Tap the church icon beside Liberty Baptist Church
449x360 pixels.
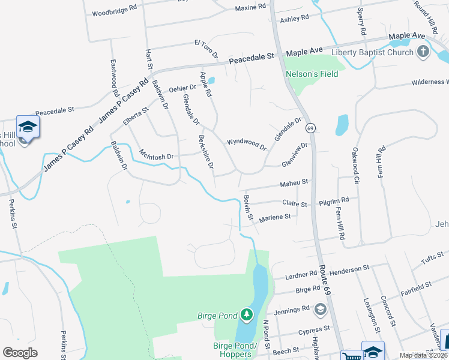pos(424,52)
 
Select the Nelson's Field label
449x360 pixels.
pos(312,74)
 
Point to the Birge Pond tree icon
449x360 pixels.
pos(246,314)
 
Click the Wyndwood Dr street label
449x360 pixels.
pos(246,143)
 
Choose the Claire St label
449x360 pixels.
pos(295,205)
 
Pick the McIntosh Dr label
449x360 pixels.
pos(156,155)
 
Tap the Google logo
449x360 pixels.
pos(20,353)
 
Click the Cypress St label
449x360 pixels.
pos(315,329)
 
